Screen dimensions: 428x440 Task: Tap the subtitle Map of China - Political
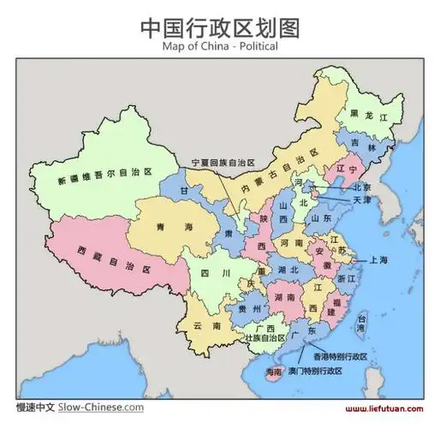219,48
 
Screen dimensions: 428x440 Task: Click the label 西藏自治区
115,260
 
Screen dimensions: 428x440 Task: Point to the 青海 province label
175,227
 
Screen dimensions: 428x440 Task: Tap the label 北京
362,187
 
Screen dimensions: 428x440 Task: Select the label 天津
362,200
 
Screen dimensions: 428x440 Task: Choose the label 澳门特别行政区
315,371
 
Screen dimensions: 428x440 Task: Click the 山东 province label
322,218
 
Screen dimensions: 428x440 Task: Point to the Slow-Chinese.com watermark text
101,407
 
